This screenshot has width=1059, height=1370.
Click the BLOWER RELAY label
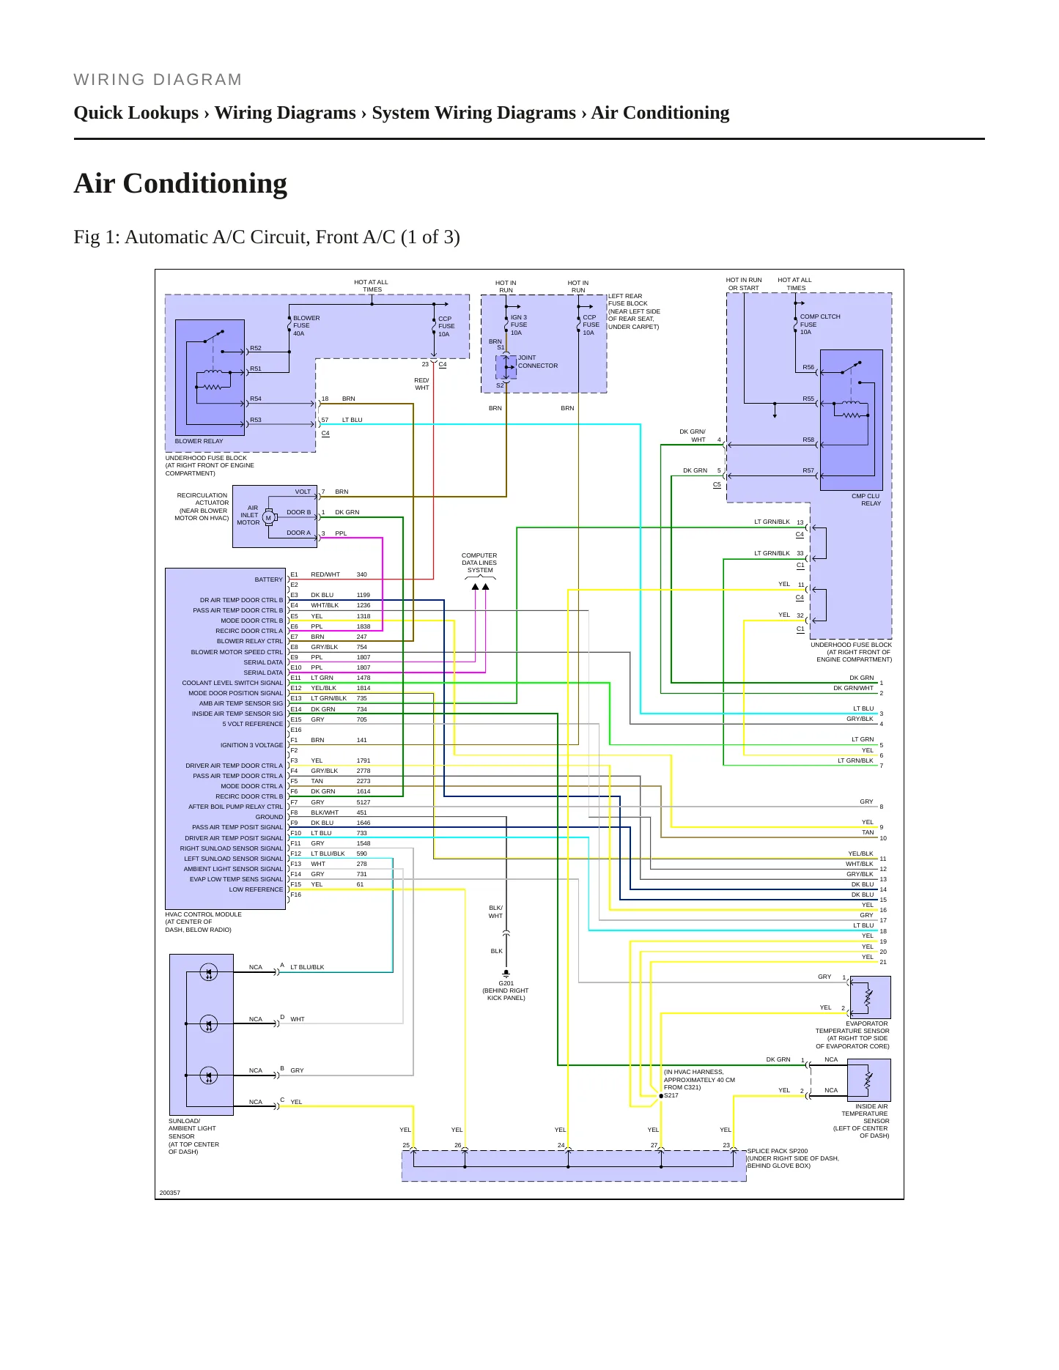(199, 441)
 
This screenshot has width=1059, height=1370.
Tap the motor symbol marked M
(268, 517)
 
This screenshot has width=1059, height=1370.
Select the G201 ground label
(506, 983)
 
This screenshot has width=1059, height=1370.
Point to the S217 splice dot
(661, 1096)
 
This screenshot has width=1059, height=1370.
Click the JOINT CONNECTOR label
(538, 362)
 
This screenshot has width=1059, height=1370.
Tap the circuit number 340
(362, 574)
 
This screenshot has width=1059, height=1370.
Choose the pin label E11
(296, 678)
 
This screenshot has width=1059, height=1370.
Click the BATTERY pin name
(268, 580)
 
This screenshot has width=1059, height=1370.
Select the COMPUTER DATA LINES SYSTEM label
(479, 563)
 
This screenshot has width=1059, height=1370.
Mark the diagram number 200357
(170, 1193)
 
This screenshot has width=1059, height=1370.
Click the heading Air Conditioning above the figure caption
(180, 183)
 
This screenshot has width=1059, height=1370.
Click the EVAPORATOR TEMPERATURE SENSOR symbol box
(869, 997)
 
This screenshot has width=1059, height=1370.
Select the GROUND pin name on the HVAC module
(269, 817)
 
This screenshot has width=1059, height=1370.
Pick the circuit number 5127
(364, 802)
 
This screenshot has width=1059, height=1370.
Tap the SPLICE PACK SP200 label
(778, 1151)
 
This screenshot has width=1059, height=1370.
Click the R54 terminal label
(256, 399)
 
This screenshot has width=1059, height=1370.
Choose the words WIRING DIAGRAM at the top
(158, 80)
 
